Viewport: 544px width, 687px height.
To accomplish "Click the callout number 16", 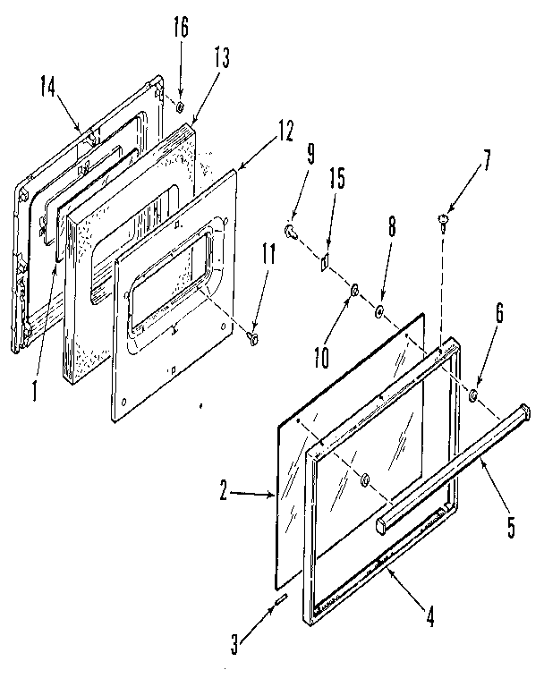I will coord(181,28).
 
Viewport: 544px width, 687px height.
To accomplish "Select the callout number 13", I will coord(221,60).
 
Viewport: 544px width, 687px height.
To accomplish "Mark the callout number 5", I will coord(511,528).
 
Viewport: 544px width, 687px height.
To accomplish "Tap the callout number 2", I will coord(226,489).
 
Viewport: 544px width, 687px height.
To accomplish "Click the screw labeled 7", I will coord(445,216).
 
